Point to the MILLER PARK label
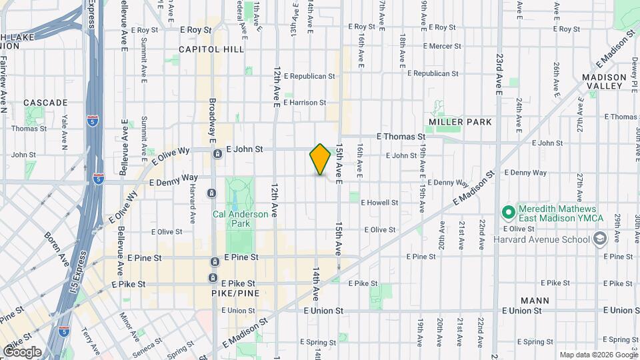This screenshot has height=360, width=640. pyautogui.click(x=461, y=122)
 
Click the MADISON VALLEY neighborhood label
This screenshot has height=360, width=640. pyautogui.click(x=604, y=82)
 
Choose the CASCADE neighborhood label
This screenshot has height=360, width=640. pyautogui.click(x=45, y=103)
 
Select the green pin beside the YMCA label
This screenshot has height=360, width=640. pyautogui.click(x=508, y=213)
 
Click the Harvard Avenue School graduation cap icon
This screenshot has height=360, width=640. pyautogui.click(x=599, y=239)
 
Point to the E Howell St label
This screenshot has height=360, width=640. pyautogui.click(x=379, y=203)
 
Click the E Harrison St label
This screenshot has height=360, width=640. pyautogui.click(x=305, y=103)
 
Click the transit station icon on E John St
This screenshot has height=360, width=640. pyautogui.click(x=217, y=155)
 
